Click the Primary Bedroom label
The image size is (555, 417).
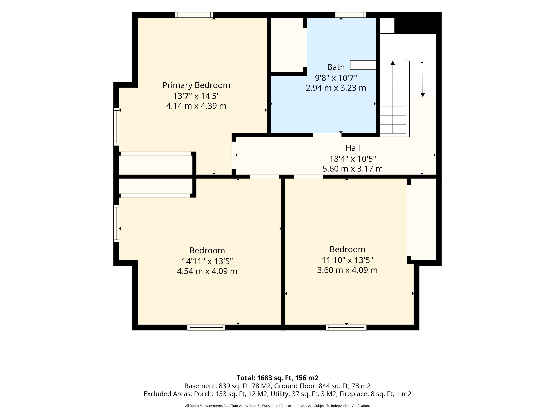tap(196, 85)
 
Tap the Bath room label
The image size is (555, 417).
tap(336, 67)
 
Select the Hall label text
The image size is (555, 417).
tap(353, 148)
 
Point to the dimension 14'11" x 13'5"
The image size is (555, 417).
tap(207, 261)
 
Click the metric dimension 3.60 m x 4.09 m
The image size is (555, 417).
tap(347, 270)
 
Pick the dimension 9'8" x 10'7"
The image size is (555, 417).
tap(336, 78)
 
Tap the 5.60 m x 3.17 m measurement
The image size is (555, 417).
tap(353, 169)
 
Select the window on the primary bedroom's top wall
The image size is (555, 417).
tap(194, 15)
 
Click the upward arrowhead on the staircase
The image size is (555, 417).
tap(393, 63)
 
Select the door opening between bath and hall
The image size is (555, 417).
tap(327, 135)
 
